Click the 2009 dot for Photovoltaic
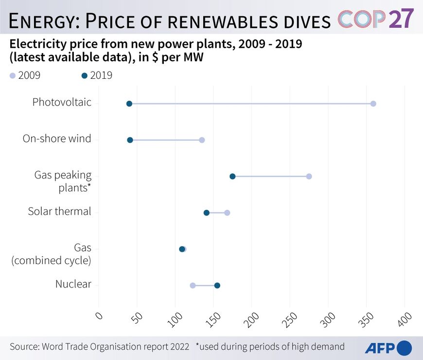[x=373, y=104]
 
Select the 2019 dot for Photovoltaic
[x=129, y=104]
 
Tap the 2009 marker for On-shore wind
[x=202, y=140]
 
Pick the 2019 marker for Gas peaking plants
[x=232, y=176]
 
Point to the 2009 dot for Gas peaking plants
[x=309, y=176]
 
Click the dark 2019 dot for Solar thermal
[x=206, y=213]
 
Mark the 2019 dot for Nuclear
[x=217, y=286]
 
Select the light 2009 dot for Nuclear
[x=193, y=286]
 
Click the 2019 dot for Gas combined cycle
[x=182, y=249]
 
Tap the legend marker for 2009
[x=13, y=75]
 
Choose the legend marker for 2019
[x=85, y=75]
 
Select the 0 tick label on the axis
[x=99, y=316]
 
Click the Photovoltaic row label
[x=62, y=102]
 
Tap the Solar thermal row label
[x=59, y=211]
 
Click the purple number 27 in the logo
[x=402, y=18]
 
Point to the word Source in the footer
[x=24, y=347]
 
